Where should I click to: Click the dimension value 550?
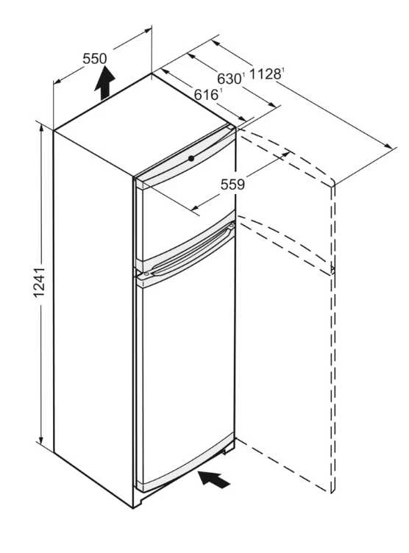tap(95, 59)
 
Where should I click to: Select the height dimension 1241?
tap(39, 282)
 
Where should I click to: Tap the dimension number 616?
tap(207, 95)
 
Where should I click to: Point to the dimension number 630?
tap(230, 79)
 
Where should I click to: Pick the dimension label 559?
tap(232, 184)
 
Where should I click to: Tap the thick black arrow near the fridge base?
tap(214, 479)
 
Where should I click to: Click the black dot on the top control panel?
tap(191, 158)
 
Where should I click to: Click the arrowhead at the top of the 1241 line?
tap(41, 129)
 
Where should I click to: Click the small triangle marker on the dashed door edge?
tap(332, 270)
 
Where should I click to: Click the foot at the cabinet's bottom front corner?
tap(138, 502)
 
